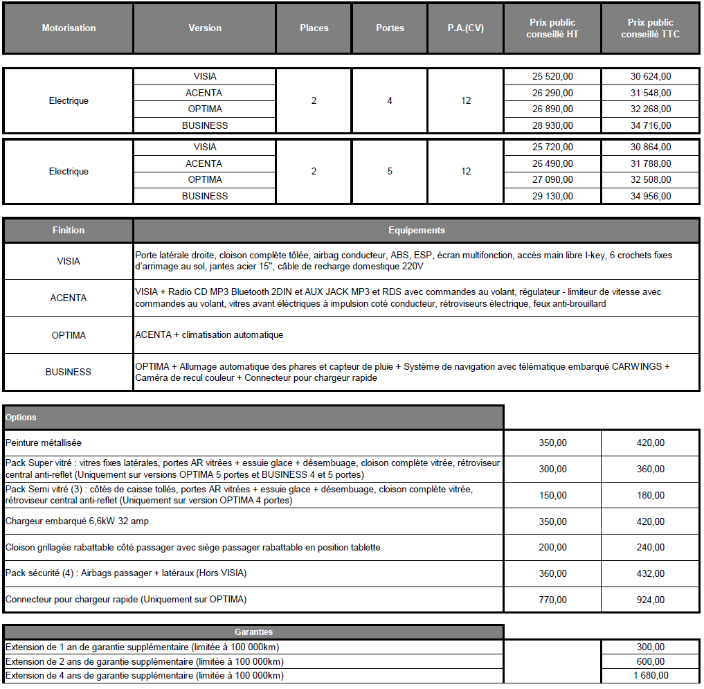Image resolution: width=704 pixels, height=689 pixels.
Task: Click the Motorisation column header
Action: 69,28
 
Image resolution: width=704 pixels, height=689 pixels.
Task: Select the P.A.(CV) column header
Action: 465,28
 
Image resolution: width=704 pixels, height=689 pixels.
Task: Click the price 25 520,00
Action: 552,77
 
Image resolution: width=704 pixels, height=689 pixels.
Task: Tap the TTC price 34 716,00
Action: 650,126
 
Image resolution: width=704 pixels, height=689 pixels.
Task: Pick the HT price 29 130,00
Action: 552,196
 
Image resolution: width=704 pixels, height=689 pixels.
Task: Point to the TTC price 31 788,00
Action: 650,164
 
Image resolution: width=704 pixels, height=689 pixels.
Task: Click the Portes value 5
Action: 390,171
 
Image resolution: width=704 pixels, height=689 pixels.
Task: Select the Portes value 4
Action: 390,101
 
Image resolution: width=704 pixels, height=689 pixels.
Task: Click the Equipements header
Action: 416,231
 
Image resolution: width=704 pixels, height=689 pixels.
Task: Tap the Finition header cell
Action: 69,231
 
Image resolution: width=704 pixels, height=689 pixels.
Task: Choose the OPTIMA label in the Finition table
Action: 69,335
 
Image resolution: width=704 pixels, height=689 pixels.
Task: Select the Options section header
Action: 21,418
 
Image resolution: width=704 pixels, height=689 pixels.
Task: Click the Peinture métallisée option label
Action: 44,443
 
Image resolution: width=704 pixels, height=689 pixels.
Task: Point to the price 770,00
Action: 552,600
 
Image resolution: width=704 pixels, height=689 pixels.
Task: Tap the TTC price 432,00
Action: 650,574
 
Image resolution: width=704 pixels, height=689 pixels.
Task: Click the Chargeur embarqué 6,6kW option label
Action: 77,521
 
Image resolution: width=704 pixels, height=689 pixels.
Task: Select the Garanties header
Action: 253,632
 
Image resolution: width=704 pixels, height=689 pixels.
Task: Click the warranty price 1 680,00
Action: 650,676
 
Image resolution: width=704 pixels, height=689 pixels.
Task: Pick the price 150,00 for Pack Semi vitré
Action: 552,496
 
